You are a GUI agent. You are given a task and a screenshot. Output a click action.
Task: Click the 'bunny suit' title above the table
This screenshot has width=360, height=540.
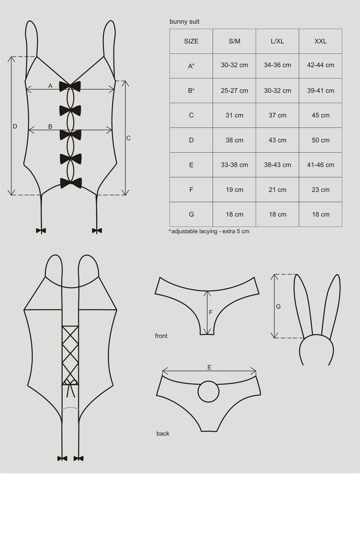pos(184,22)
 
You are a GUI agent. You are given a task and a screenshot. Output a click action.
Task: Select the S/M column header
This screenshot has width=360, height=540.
pos(234,41)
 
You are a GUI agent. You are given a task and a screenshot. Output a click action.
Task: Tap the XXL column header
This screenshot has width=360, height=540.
pos(320,41)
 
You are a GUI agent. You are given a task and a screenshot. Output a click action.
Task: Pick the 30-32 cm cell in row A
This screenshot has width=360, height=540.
pos(234,65)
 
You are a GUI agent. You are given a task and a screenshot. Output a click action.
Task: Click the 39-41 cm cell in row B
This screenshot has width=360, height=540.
pos(320,91)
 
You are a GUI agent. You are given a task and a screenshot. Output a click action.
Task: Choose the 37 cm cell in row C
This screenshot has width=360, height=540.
pos(278,115)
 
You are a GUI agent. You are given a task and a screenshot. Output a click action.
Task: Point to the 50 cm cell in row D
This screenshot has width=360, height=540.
pos(320,140)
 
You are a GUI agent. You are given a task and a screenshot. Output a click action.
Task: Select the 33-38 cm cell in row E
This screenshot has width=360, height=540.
pos(234,165)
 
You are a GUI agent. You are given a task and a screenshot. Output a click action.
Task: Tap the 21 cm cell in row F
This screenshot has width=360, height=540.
pos(278,190)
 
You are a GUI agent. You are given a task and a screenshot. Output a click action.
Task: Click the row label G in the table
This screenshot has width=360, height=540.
pos(191,214)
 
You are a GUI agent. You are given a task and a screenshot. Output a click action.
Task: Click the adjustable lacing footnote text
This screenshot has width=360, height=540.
pos(209,231)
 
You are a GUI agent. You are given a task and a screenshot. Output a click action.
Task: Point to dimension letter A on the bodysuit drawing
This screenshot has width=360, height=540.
pos(50,86)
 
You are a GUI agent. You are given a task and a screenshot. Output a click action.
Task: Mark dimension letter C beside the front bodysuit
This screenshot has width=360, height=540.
pos(128,138)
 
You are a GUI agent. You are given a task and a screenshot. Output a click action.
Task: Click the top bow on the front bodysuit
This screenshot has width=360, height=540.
pos(70,86)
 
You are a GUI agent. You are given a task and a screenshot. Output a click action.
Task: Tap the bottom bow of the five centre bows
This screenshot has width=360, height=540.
pos(71,183)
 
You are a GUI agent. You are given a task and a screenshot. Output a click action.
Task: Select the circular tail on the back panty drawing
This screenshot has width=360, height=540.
pos(208,392)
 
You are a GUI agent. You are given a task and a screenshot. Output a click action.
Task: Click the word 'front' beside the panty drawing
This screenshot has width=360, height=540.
pos(161,336)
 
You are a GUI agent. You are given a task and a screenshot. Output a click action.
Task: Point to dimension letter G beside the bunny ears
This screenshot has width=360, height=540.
pos(278,306)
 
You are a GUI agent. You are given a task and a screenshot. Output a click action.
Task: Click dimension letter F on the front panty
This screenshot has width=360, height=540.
pos(211,312)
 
